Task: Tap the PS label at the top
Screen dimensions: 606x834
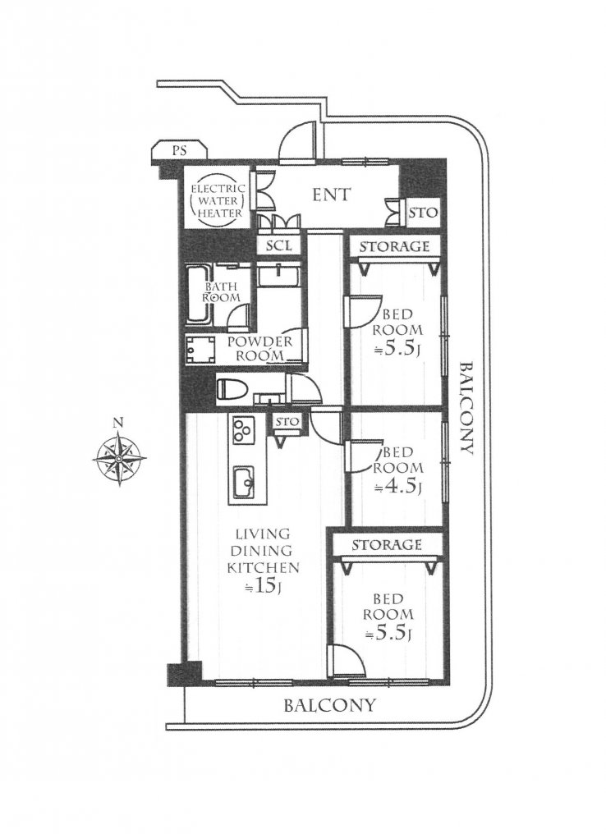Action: pyautogui.click(x=179, y=150)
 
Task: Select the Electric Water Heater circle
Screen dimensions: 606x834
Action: pyautogui.click(x=218, y=200)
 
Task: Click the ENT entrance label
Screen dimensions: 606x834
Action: pyautogui.click(x=331, y=195)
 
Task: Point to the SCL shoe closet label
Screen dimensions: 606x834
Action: pyautogui.click(x=278, y=245)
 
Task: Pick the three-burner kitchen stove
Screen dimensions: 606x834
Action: pyautogui.click(x=243, y=431)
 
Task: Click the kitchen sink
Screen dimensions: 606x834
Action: pyautogui.click(x=244, y=482)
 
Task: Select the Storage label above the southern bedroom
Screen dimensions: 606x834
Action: pyautogui.click(x=386, y=545)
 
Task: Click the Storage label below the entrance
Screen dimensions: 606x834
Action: pyautogui.click(x=393, y=246)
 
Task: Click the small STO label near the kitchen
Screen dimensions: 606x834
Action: pyautogui.click(x=287, y=421)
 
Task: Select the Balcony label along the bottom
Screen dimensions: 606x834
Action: pyautogui.click(x=329, y=705)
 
